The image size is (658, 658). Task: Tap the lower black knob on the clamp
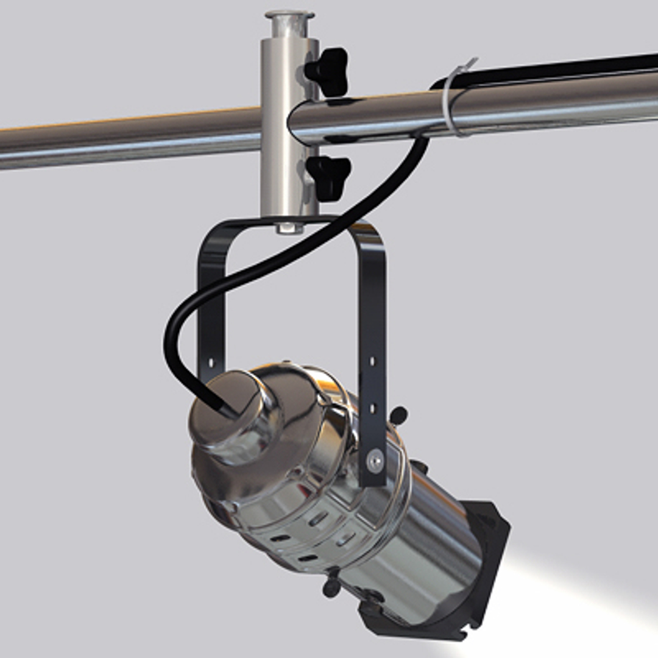coord(330,177)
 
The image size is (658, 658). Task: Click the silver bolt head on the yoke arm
coord(375,461)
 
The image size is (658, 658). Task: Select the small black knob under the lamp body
coord(331,585)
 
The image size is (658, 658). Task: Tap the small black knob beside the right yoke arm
coord(398,416)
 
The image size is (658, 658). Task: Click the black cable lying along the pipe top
coord(548,69)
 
